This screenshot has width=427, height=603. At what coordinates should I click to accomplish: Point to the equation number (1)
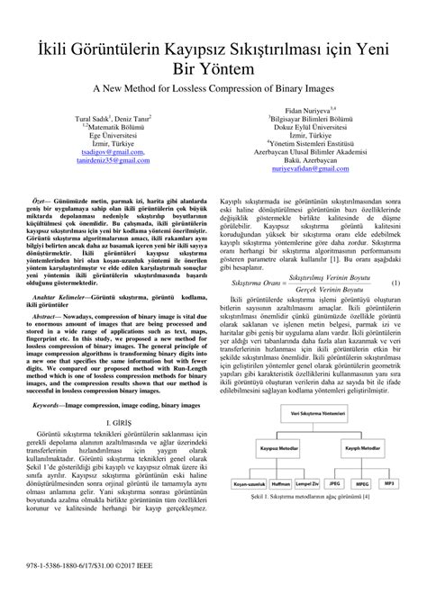coord(395,309)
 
